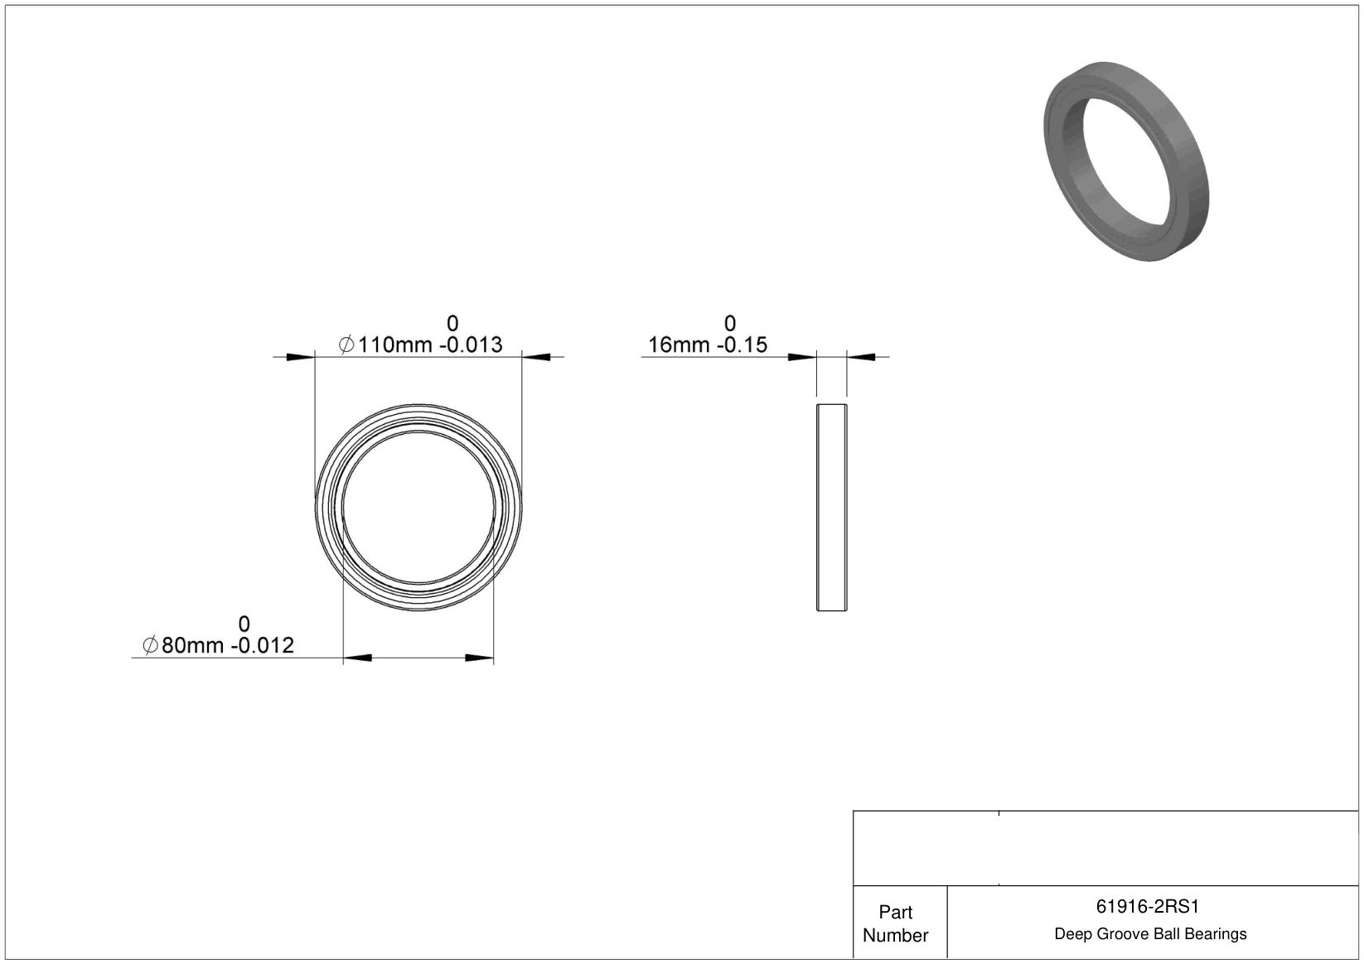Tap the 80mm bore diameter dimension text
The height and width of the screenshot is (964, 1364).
pyautogui.click(x=192, y=645)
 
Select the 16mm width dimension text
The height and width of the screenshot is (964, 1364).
pyautogui.click(x=679, y=345)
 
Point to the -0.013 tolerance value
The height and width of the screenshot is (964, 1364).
pyautogui.click(x=471, y=345)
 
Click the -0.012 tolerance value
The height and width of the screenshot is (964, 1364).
pyautogui.click(x=263, y=645)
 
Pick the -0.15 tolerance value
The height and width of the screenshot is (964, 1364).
pyautogui.click(x=742, y=345)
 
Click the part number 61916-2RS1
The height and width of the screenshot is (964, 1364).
pyautogui.click(x=1147, y=907)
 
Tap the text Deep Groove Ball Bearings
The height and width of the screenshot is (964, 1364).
pyautogui.click(x=1150, y=934)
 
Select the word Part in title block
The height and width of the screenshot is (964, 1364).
pyautogui.click(x=895, y=913)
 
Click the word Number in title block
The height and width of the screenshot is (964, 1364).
pyautogui.click(x=895, y=935)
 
